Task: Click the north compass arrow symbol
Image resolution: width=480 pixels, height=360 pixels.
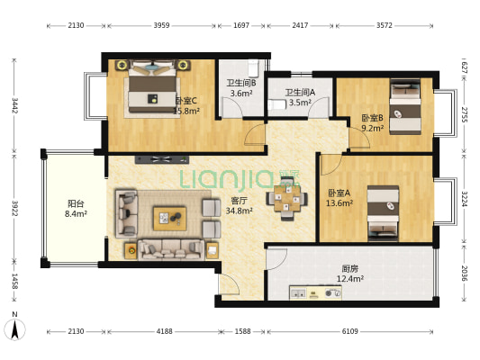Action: click(14, 329)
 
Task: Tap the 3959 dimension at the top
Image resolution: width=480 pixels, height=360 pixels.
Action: click(161, 25)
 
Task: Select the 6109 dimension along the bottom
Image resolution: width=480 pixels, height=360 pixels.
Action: click(349, 331)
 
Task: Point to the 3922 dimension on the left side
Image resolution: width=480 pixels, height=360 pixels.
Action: click(14, 208)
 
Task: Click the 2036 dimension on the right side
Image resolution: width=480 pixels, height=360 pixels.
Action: click(465, 273)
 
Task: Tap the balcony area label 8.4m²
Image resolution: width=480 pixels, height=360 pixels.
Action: click(76, 213)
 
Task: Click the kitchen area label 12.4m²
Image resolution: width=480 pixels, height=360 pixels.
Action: click(350, 279)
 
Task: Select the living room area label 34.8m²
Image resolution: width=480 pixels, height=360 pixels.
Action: click(239, 211)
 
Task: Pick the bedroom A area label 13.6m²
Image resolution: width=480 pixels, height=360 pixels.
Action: click(340, 202)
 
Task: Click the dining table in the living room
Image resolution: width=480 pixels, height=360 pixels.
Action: click(286, 199)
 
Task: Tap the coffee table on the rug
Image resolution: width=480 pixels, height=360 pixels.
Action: click(170, 219)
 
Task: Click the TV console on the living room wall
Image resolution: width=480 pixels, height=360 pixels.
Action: click(162, 159)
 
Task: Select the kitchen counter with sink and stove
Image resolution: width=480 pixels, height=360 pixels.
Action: click(315, 292)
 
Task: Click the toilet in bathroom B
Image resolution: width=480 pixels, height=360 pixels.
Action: click(253, 68)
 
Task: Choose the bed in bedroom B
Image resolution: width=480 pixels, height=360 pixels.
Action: click(405, 107)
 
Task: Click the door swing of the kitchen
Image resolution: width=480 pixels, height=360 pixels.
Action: click(277, 259)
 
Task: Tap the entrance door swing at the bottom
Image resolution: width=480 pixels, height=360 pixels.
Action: click(229, 284)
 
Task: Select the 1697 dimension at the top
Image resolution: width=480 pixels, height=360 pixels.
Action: click(241, 25)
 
